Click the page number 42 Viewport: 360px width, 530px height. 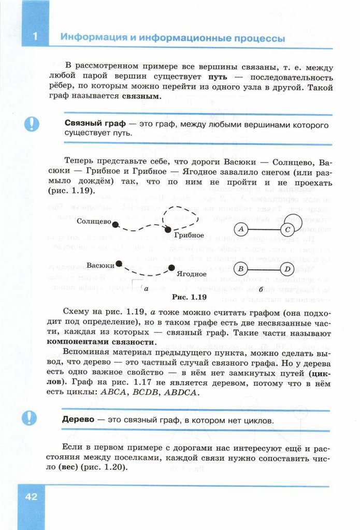[31, 496]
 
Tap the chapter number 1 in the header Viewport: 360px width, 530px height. [35, 37]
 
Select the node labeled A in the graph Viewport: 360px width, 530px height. [240, 229]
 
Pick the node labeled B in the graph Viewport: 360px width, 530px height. [240, 269]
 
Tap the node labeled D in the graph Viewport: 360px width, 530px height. [287, 269]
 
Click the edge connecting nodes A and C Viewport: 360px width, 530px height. [264, 229]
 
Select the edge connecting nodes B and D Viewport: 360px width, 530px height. [264, 269]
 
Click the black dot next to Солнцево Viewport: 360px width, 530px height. [116, 224]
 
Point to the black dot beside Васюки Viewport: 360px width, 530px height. [119, 263]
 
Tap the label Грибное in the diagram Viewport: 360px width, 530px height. [189, 235]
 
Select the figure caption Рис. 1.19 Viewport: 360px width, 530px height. [189, 297]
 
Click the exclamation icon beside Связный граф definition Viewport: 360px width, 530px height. [32, 124]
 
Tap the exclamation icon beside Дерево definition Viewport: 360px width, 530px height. [32, 417]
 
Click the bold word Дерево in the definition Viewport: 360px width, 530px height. [78, 420]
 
